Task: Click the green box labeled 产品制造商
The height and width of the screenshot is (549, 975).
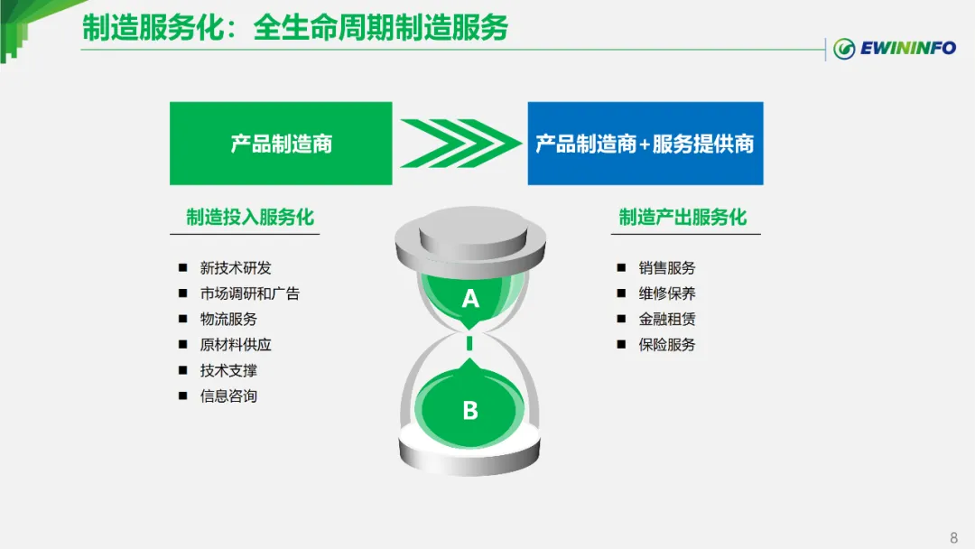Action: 281,144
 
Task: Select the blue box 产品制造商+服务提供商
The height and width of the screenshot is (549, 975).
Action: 645,144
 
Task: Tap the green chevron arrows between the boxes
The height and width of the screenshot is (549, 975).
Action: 460,144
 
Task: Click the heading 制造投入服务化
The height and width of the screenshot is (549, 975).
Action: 250,218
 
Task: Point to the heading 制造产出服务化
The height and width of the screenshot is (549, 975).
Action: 682,218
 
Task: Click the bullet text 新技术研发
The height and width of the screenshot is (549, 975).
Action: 236,268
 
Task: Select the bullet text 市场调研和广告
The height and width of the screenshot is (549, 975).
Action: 250,293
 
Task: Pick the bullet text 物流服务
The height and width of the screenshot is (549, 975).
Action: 228,319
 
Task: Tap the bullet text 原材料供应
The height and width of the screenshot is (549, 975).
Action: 236,344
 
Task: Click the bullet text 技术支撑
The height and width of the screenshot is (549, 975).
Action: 228,370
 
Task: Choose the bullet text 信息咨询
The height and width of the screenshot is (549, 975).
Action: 228,395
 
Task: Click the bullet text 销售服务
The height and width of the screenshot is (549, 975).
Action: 667,268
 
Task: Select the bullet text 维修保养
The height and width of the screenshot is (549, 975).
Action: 667,293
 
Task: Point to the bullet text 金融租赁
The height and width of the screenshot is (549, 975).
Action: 667,319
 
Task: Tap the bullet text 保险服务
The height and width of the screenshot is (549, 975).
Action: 667,344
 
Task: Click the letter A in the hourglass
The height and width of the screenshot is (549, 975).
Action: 470,298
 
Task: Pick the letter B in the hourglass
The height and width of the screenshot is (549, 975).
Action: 470,411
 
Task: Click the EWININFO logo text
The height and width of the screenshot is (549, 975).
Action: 906,48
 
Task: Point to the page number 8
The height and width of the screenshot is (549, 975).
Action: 953,538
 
